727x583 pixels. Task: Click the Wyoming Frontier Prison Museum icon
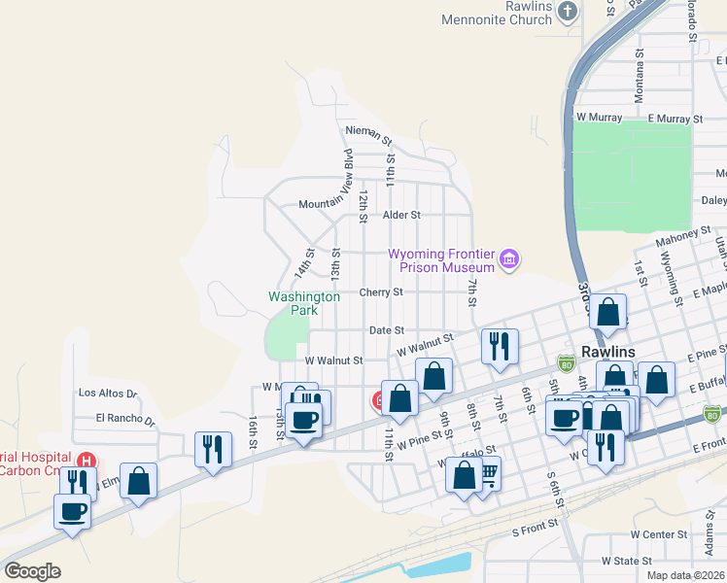(x=510, y=259)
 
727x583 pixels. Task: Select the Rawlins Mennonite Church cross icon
(x=569, y=13)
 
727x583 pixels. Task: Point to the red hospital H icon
(x=87, y=459)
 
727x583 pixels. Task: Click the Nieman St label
(x=367, y=129)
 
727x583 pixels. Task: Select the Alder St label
(x=401, y=215)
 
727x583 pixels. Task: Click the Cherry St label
(x=381, y=291)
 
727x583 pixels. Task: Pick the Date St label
(x=386, y=330)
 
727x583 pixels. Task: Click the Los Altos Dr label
(x=107, y=394)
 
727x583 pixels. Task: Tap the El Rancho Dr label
(x=124, y=419)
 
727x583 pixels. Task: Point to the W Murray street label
(x=598, y=118)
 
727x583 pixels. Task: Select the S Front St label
(x=536, y=523)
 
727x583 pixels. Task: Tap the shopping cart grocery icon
(x=489, y=473)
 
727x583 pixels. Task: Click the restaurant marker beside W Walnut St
(x=500, y=345)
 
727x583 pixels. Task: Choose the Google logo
(x=32, y=571)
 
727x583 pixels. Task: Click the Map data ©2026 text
(x=685, y=575)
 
